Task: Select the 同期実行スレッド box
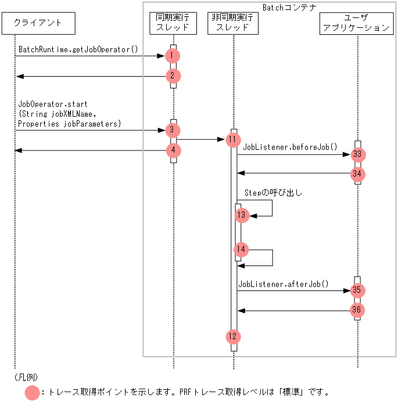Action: coord(173,23)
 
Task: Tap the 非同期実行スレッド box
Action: coord(233,23)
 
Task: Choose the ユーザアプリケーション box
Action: coord(357,23)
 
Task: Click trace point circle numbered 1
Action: coord(173,56)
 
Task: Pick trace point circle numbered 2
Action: coord(173,76)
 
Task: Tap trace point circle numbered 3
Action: coord(173,130)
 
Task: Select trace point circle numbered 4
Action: coord(173,150)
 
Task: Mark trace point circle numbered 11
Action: coord(233,139)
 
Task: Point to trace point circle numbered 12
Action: coord(233,336)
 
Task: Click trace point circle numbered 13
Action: coord(242,215)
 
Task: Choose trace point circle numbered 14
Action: coord(242,250)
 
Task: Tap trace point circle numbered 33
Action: coord(358,155)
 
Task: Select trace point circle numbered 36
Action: coord(358,310)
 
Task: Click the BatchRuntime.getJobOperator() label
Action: coord(78,49)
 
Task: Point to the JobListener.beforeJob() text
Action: coord(290,148)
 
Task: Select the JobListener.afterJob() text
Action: coord(284,284)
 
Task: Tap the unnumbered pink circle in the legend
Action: coord(33,393)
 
